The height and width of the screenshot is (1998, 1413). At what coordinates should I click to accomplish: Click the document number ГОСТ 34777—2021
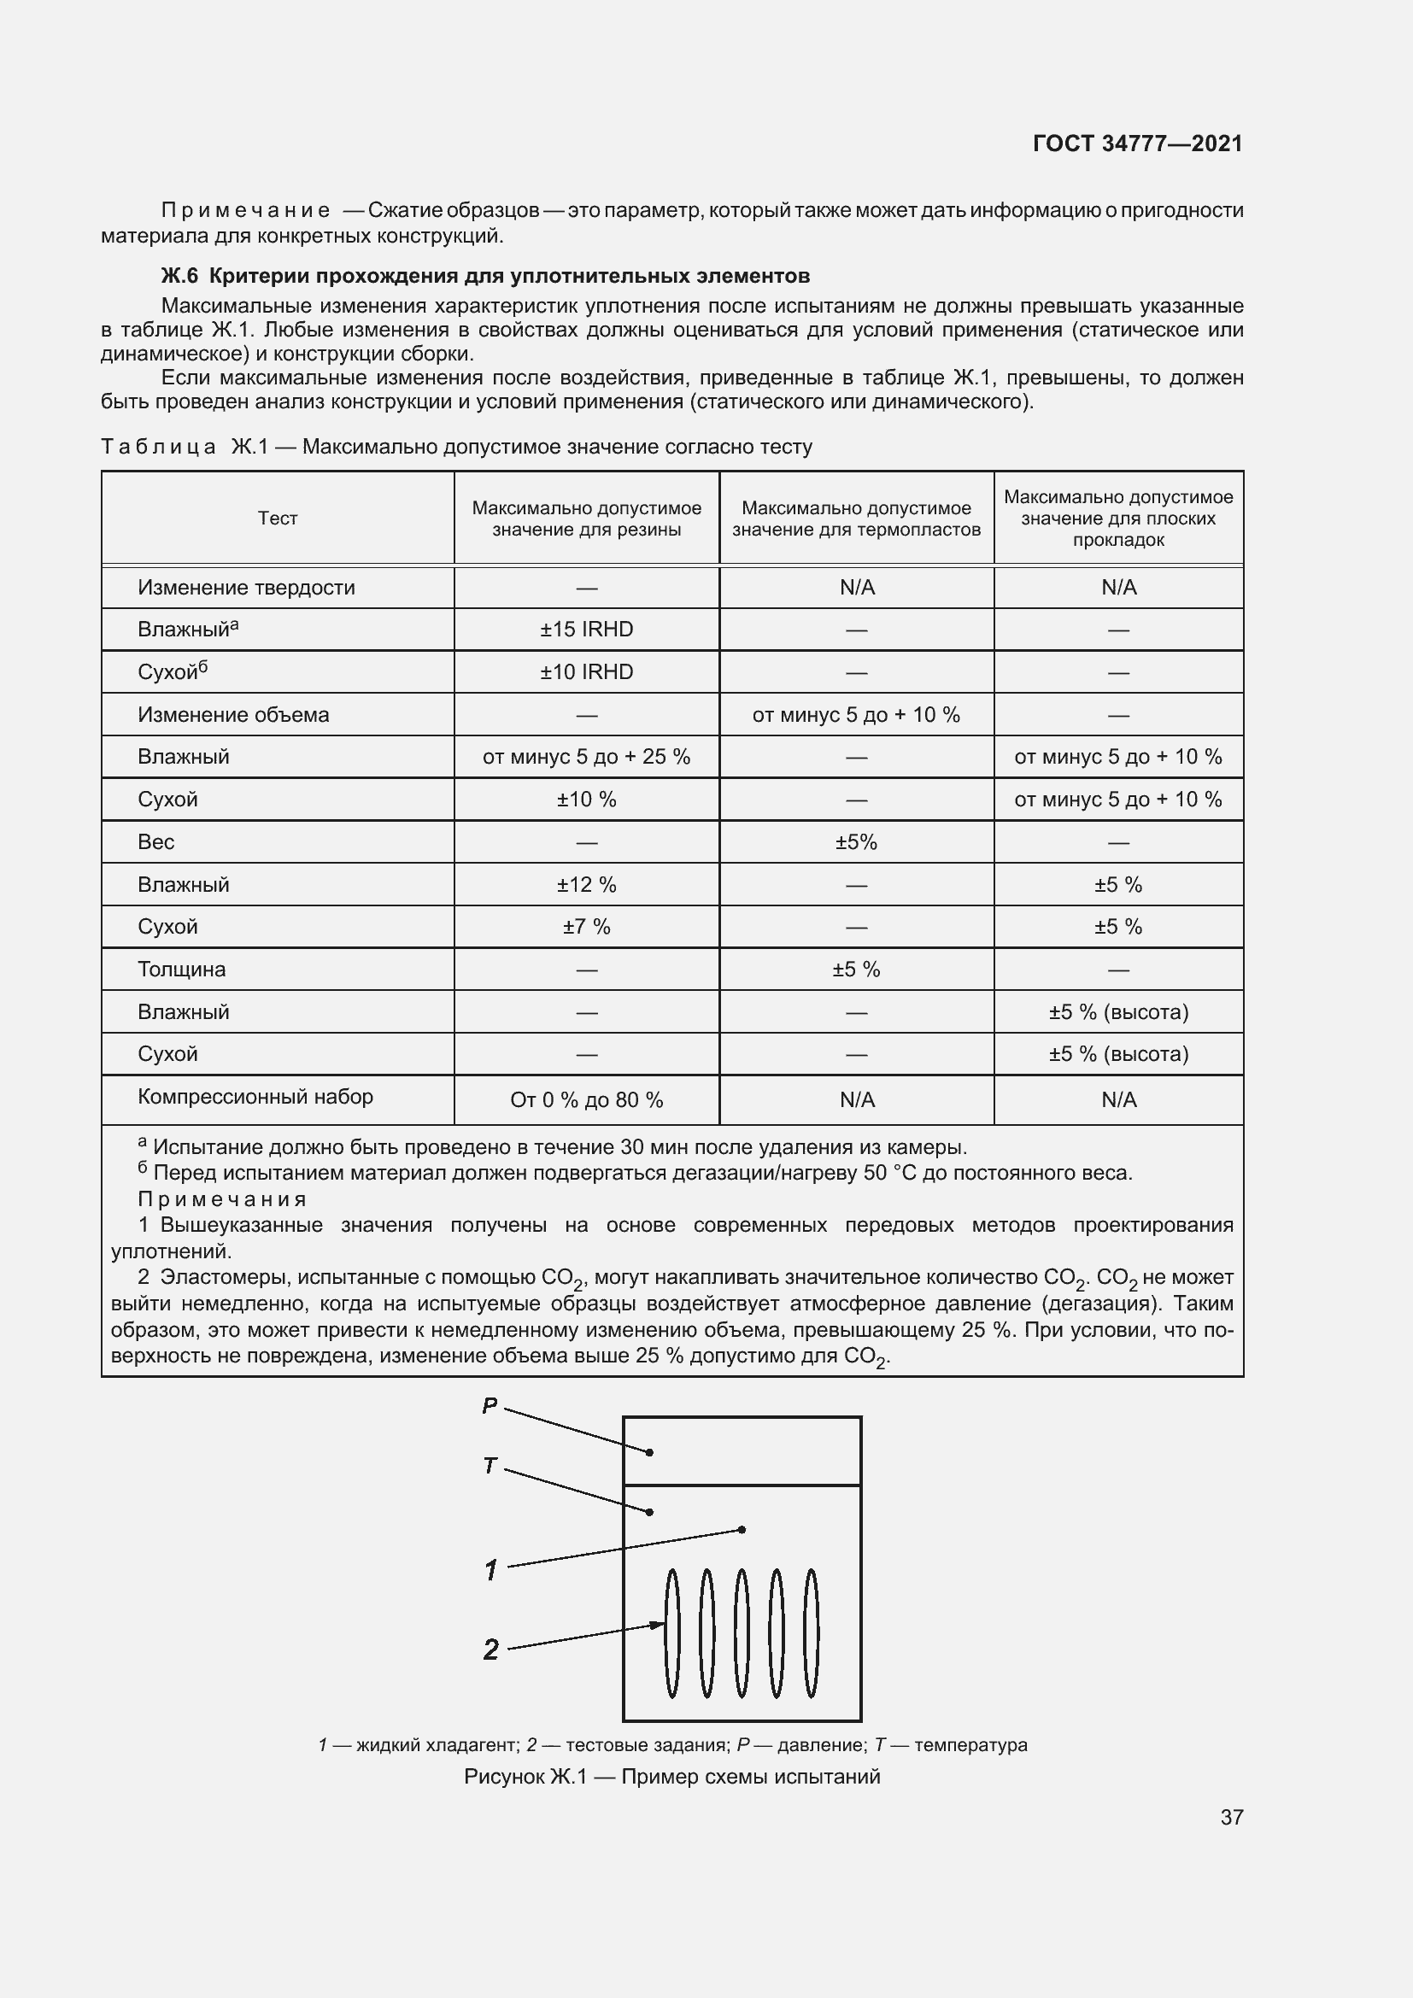[1137, 144]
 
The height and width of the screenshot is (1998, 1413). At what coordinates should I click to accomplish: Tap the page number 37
[1231, 1817]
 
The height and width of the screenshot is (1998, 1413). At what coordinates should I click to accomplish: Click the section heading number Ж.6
[179, 276]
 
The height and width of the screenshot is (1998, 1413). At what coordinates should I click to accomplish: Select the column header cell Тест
[278, 519]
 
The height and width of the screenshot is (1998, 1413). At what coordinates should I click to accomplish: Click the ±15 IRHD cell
[586, 630]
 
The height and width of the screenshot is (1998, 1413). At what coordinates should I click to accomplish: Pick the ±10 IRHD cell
[586, 671]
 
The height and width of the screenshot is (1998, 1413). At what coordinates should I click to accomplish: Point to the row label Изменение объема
[233, 714]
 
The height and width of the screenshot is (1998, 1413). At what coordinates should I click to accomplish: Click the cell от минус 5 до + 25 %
[586, 757]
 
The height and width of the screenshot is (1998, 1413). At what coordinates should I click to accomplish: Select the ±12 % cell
[586, 885]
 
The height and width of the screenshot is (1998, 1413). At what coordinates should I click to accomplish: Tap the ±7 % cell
[586, 927]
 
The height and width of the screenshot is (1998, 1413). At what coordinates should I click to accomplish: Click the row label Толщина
[181, 970]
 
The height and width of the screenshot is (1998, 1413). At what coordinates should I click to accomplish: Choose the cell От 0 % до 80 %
[586, 1100]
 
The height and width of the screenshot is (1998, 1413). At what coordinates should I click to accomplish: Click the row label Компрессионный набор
[255, 1097]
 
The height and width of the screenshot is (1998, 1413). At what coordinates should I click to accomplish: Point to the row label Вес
[155, 842]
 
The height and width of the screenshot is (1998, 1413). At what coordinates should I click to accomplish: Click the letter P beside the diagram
[489, 1405]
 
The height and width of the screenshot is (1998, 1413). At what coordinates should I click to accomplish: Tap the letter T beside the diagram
[489, 1467]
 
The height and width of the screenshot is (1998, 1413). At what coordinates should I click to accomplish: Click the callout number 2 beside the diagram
[490, 1649]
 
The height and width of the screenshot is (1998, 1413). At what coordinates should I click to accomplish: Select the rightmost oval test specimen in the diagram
[811, 1633]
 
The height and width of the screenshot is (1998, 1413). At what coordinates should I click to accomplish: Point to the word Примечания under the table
[222, 1199]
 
